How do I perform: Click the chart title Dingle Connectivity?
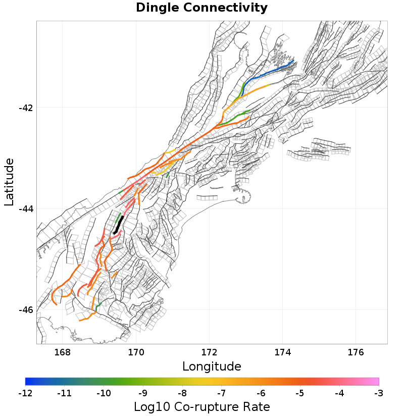click(x=201, y=8)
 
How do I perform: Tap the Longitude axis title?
click(x=212, y=366)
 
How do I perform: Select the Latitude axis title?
click(x=9, y=182)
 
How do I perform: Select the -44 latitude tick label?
click(x=25, y=208)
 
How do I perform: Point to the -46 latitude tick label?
click(x=25, y=309)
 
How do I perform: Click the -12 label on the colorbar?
click(x=25, y=393)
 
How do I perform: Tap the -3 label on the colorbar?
click(x=379, y=393)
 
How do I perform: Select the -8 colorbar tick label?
click(x=182, y=393)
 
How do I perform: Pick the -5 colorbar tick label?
click(x=300, y=393)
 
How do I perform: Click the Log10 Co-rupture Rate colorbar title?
click(x=201, y=407)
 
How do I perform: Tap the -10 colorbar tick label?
click(x=104, y=393)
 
